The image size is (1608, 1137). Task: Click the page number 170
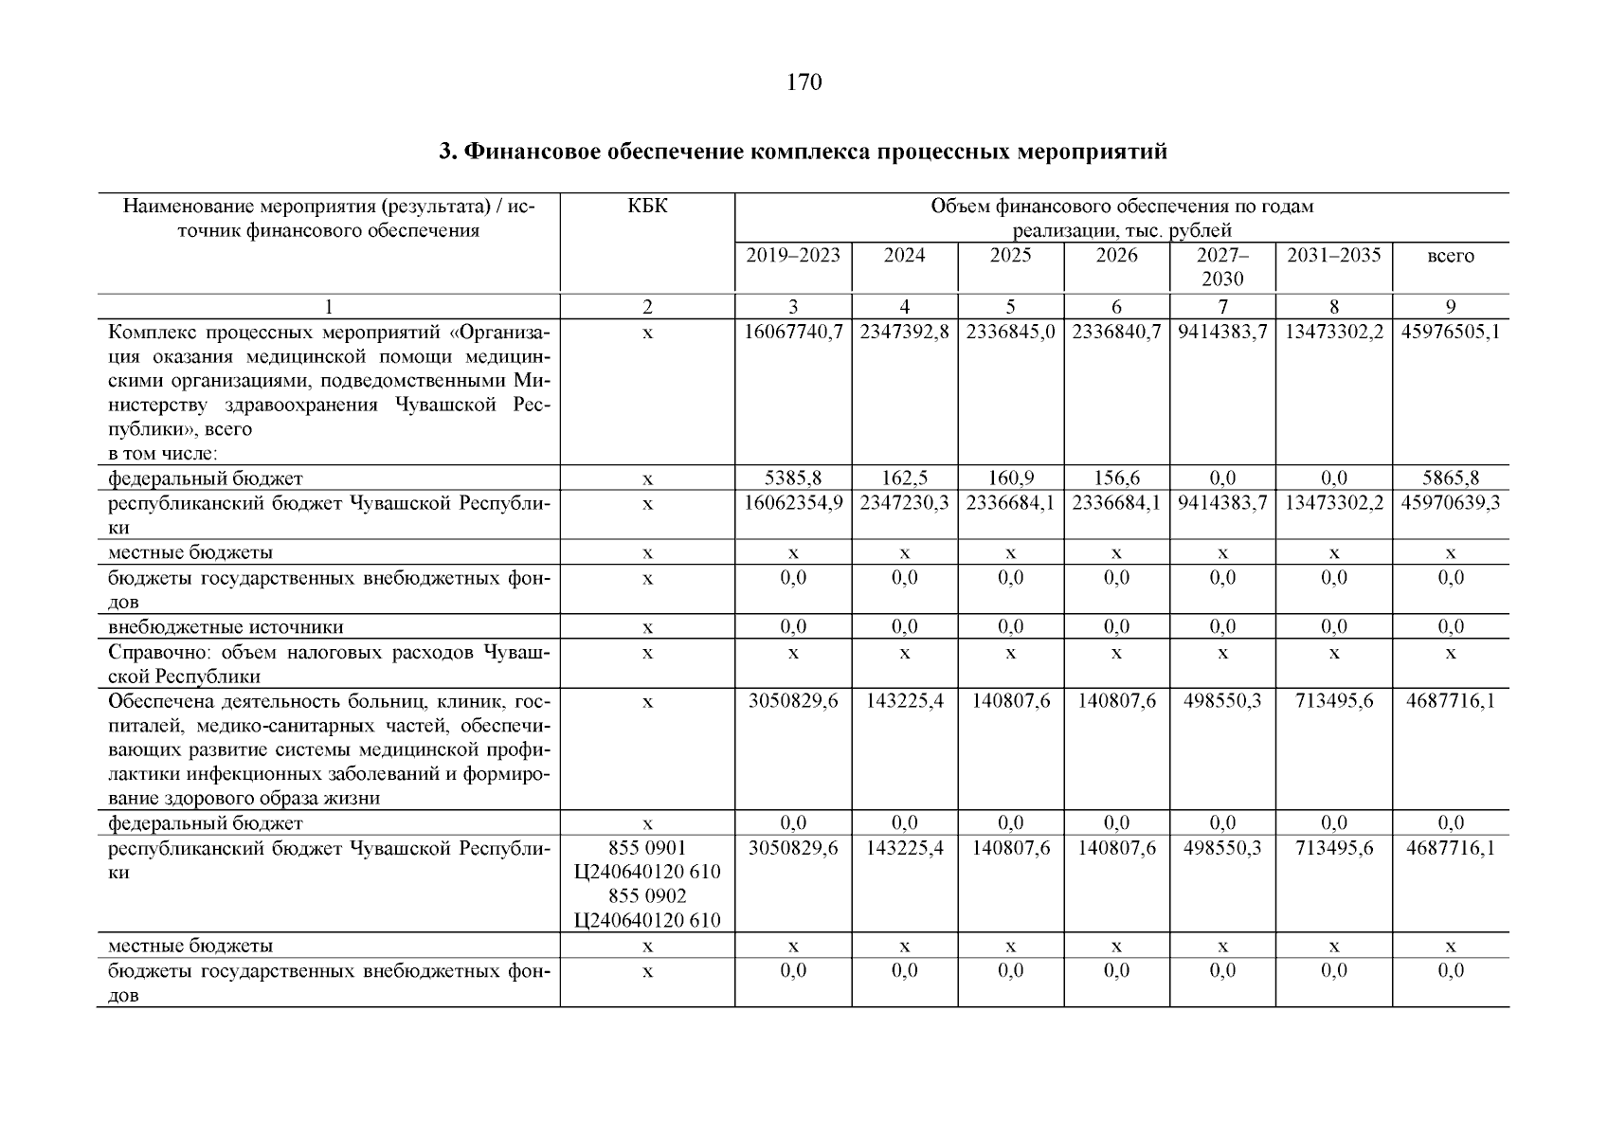804,82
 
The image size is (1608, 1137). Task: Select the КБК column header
647,206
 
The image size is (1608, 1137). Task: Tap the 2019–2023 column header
793,255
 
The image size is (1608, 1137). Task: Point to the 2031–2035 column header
1333,255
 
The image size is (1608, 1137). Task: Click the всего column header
1450,256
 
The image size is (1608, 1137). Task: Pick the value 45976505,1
1450,333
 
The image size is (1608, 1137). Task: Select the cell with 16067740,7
793,333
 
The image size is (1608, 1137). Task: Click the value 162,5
904,478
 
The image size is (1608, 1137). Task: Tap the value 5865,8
1450,478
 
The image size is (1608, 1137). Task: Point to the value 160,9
1010,478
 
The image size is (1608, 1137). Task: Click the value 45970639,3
1450,503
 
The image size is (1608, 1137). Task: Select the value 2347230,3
904,503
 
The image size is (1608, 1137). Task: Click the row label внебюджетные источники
226,627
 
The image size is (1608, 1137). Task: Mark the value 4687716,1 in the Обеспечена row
1450,701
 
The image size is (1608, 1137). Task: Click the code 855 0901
647,847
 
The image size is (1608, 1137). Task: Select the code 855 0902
647,896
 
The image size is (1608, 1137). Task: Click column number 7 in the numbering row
1222,306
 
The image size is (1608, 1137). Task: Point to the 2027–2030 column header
1222,266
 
